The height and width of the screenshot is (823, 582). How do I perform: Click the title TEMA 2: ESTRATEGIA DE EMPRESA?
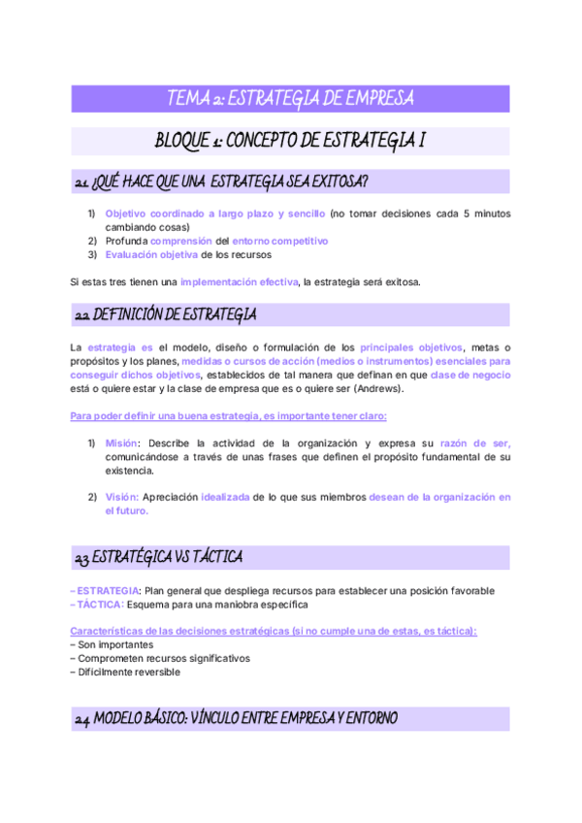[x=291, y=98]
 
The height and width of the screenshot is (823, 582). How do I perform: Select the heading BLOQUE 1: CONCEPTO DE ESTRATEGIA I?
[x=291, y=141]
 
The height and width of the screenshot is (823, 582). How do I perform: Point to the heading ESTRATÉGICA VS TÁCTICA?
[x=158, y=558]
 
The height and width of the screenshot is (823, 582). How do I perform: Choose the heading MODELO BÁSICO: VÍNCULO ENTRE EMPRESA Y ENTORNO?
[x=236, y=719]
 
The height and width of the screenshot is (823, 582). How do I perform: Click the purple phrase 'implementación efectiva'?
[x=240, y=282]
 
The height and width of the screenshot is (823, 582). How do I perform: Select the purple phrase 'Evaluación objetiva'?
[x=150, y=254]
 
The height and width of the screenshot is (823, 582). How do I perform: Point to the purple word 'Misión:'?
[x=123, y=443]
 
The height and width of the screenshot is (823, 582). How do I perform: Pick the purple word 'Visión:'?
[x=122, y=497]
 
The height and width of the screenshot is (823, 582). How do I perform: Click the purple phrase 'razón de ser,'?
[x=475, y=443]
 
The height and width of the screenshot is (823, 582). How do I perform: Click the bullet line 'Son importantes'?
[x=112, y=644]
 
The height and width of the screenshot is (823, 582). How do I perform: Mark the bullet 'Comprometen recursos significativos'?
[x=160, y=658]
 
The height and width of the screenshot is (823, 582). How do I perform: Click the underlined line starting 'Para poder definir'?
[x=229, y=416]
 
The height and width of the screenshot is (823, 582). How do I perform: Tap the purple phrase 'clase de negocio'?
[x=470, y=375]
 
